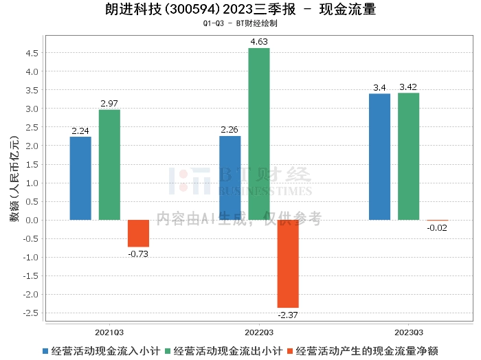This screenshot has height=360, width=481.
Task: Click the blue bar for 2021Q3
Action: pyautogui.click(x=80, y=178)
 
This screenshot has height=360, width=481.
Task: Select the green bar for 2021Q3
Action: pyautogui.click(x=109, y=165)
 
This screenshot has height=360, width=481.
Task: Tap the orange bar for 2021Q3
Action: pyautogui.click(x=138, y=234)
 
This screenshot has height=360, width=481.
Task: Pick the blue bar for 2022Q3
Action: pyautogui.click(x=230, y=178)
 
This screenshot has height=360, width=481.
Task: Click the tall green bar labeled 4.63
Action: pyautogui.click(x=259, y=134)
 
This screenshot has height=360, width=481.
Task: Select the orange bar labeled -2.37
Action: pyautogui.click(x=288, y=264)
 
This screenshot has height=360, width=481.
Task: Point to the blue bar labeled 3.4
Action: pyautogui.click(x=379, y=157)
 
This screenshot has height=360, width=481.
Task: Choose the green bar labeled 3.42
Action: pyautogui.click(x=408, y=156)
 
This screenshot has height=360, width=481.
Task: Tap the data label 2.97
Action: pyautogui.click(x=109, y=103)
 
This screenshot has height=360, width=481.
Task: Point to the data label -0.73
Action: pyautogui.click(x=138, y=254)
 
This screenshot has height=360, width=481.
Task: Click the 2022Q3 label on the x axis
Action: pyautogui.click(x=259, y=330)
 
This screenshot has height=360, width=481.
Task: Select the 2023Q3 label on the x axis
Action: pyautogui.click(x=408, y=330)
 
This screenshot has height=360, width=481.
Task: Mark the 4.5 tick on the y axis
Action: pyautogui.click(x=31, y=53)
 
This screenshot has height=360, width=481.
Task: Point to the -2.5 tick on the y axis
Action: pyautogui.click(x=30, y=313)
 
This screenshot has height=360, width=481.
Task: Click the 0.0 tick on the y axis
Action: pyautogui.click(x=31, y=220)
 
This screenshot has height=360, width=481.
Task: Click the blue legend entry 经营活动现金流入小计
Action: pyautogui.click(x=100, y=350)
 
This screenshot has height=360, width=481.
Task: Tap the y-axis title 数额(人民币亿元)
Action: pyautogui.click(x=14, y=182)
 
